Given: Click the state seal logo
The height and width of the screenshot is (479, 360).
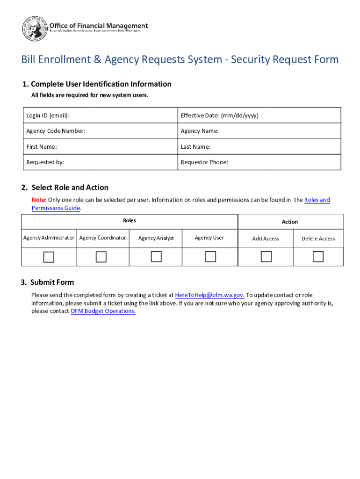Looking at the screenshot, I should (x=35, y=29).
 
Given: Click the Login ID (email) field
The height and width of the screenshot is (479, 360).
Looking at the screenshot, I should (x=101, y=116).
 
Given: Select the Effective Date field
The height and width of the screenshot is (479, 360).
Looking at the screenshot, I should (x=259, y=116).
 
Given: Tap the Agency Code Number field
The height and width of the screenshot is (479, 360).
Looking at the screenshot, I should (x=101, y=131).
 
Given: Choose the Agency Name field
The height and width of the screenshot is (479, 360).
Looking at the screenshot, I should (x=259, y=131).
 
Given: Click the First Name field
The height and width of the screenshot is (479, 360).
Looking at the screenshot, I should (x=101, y=147).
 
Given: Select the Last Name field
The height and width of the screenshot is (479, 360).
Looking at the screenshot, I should (x=259, y=147).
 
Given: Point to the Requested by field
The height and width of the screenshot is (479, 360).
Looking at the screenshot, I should (x=101, y=162).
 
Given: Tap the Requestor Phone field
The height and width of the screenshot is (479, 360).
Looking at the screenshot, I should (x=259, y=162).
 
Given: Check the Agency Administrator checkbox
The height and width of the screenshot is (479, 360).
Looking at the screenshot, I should (x=49, y=257).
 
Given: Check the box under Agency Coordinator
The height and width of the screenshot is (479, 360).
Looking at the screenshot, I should (x=101, y=257).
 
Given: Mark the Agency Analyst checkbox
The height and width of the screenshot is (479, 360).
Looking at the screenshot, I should (x=156, y=256).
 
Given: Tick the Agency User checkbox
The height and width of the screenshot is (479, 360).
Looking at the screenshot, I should (x=211, y=256).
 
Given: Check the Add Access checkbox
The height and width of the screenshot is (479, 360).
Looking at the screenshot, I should (x=266, y=256).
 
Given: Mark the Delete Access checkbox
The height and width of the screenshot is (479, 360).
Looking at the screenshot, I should (x=318, y=256).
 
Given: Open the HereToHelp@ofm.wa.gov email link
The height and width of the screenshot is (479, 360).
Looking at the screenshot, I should (x=209, y=295).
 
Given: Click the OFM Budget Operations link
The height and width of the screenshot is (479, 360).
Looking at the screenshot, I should (x=103, y=311).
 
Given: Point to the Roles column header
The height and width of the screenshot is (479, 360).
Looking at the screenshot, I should (x=130, y=220).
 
